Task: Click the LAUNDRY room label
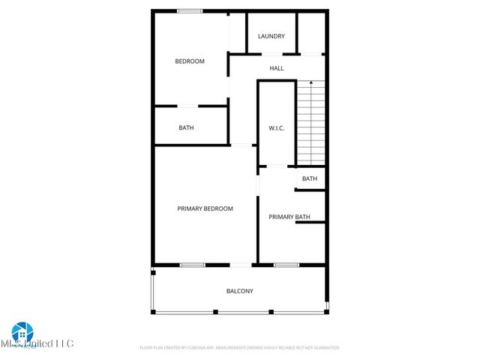pyautogui.click(x=271, y=36)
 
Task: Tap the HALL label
pyautogui.click(x=277, y=68)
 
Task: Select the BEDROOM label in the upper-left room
pyautogui.click(x=190, y=61)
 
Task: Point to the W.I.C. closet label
pyautogui.click(x=277, y=128)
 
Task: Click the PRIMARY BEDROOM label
pyautogui.click(x=205, y=208)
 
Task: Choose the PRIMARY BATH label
pyautogui.click(x=289, y=217)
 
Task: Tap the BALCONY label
pyautogui.click(x=240, y=291)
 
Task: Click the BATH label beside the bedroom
pyautogui.click(x=186, y=127)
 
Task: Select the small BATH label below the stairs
pyautogui.click(x=310, y=178)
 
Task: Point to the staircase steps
pyautogui.click(x=311, y=124)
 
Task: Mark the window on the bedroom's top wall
pyautogui.click(x=190, y=10)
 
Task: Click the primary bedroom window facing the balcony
pyautogui.click(x=193, y=265)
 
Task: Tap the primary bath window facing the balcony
pyautogui.click(x=286, y=265)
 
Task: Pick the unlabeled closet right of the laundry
pyautogui.click(x=311, y=33)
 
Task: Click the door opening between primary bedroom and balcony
pyautogui.click(x=241, y=265)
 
